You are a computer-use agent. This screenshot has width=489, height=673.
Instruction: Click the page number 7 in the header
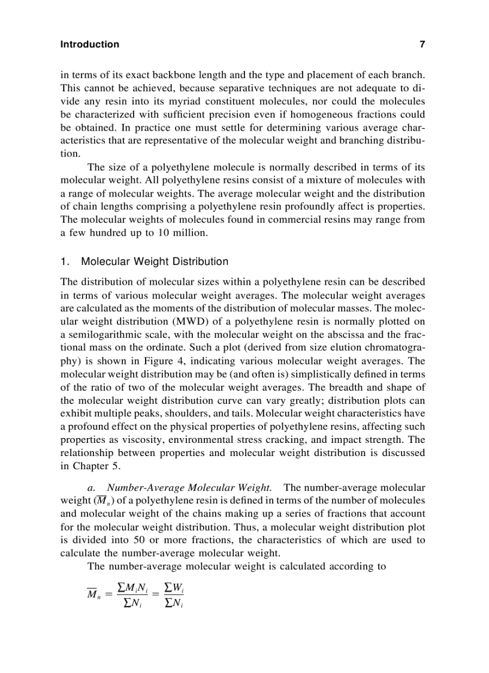coord(422,44)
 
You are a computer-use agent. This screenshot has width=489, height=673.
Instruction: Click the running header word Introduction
coord(90,44)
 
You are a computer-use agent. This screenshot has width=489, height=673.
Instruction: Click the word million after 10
coord(189,233)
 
